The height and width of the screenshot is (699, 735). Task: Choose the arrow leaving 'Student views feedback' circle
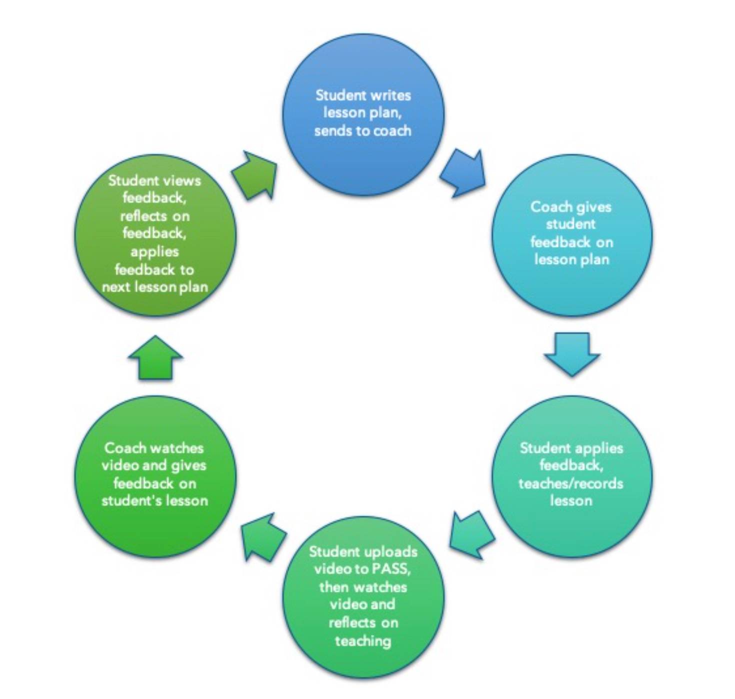pyautogui.click(x=255, y=175)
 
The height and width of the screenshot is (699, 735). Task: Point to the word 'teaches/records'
pyautogui.click(x=570, y=483)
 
